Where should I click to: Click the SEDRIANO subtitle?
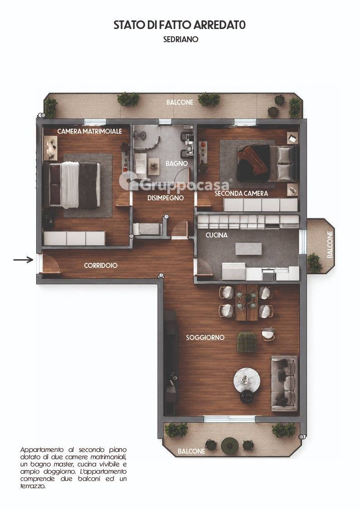pyautogui.click(x=181, y=39)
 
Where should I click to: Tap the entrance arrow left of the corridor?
pyautogui.click(x=24, y=259)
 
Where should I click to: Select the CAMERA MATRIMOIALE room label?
pyautogui.click(x=90, y=131)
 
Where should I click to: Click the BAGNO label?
pyautogui.click(x=176, y=164)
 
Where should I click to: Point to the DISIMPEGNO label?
pyautogui.click(x=165, y=198)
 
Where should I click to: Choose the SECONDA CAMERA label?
pyautogui.click(x=241, y=194)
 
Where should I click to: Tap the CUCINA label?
pyautogui.click(x=217, y=235)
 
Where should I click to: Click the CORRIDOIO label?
pyautogui.click(x=101, y=266)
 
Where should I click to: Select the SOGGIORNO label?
pyautogui.click(x=205, y=338)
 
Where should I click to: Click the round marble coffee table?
pyautogui.click(x=247, y=381)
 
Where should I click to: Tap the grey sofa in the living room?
pyautogui.click(x=284, y=383)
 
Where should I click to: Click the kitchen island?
pyautogui.click(x=248, y=249)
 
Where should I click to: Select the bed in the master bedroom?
pyautogui.click(x=74, y=185)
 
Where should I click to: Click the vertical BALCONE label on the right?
pyautogui.click(x=330, y=244)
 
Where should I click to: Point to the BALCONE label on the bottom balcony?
pyautogui.click(x=191, y=451)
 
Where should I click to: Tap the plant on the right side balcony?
pyautogui.click(x=314, y=262)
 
